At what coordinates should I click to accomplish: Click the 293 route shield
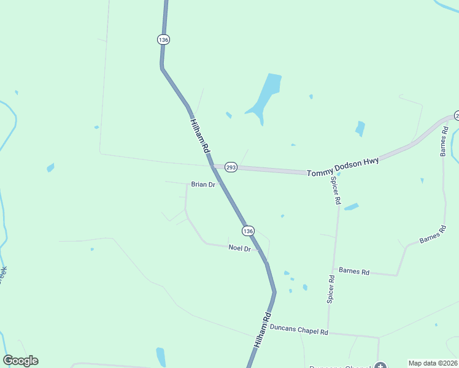[x=231, y=167]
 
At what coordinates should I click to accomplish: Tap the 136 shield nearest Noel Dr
[x=247, y=231]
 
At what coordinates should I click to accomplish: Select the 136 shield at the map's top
[x=163, y=39]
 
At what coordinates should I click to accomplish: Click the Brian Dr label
[x=202, y=184]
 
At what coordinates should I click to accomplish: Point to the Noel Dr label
[x=239, y=248]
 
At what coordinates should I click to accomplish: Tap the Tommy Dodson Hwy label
[x=343, y=166]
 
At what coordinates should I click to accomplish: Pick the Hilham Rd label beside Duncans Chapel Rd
[x=262, y=331]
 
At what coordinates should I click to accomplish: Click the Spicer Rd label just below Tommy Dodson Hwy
[x=336, y=190]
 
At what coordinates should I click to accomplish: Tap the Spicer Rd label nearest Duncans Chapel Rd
[x=331, y=289]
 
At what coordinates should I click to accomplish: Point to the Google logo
[x=20, y=361]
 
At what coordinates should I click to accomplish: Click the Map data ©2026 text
[x=433, y=363]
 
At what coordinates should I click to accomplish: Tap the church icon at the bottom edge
[x=380, y=366]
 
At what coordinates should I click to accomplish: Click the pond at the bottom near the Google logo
[x=161, y=356]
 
